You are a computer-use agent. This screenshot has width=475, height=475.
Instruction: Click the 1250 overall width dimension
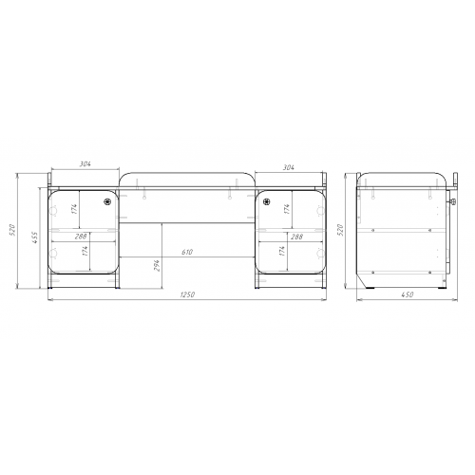point(187,294)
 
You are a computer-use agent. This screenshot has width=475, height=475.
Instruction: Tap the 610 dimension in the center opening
point(187,252)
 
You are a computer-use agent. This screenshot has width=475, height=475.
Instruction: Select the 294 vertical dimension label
point(157,265)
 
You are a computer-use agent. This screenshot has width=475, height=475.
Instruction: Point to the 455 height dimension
point(35,237)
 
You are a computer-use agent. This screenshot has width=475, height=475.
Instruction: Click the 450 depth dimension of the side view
point(408,294)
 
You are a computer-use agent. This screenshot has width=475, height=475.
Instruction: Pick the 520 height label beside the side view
point(341,230)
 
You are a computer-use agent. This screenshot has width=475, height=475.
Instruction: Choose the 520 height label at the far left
point(12,230)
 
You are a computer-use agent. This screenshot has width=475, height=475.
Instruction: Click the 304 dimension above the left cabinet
point(85,164)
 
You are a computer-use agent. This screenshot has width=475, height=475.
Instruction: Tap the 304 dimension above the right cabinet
point(288,167)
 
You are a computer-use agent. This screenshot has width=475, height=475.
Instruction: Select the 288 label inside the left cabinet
point(81,237)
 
